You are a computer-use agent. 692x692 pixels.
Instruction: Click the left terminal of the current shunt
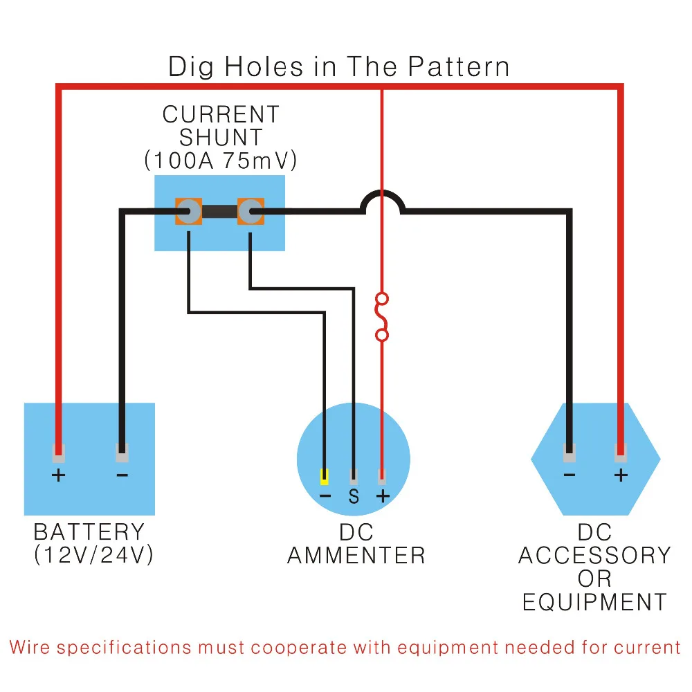pos(188,211)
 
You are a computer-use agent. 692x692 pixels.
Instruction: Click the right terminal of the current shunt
pos(251,211)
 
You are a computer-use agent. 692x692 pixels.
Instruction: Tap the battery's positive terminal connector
pos(59,453)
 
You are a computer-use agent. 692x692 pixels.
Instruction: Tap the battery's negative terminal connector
pos(122,453)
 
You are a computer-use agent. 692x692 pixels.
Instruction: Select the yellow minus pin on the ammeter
pos(325,477)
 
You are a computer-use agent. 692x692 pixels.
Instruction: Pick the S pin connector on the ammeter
pos(354,477)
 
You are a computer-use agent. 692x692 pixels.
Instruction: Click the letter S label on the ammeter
pos(354,496)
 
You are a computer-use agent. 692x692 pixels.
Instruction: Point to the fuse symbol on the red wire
pos(382,317)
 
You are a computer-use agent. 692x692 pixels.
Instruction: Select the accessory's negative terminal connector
pos(570,453)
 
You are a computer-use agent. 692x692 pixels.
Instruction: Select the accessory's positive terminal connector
pos(621,453)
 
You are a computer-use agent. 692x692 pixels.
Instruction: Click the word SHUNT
pos(221,137)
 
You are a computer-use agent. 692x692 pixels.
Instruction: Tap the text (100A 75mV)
pos(221,161)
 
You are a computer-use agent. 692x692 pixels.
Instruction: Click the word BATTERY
pos(89,531)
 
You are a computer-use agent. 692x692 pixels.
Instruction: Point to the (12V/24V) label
pos(93,555)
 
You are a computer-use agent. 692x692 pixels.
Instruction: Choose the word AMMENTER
pos(356,555)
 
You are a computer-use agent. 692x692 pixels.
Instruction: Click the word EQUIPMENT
pos(594,602)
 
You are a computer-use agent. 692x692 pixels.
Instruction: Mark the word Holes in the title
pos(264,66)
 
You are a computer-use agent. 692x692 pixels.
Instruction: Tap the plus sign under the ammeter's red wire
pos(383,496)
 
